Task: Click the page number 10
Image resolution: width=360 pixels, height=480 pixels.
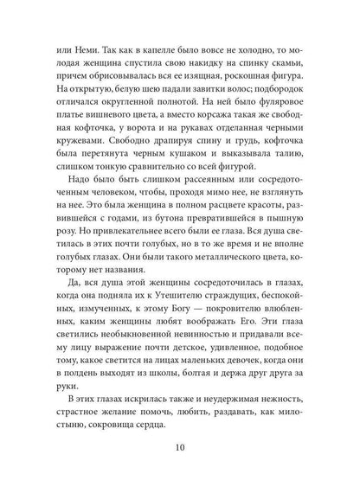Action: [180, 448]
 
